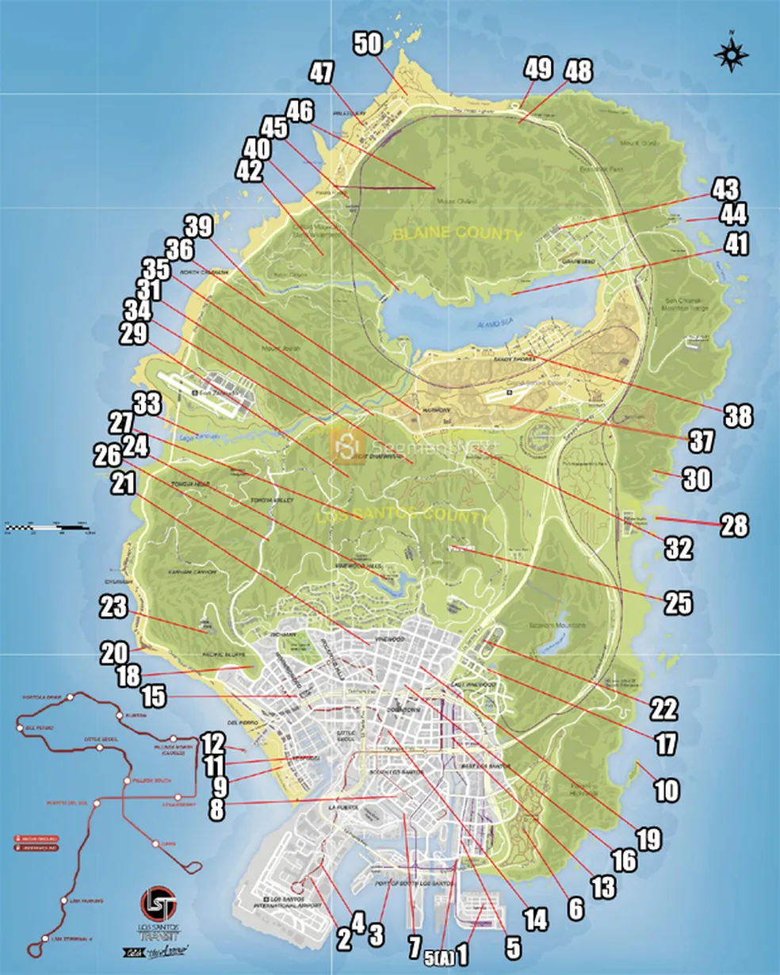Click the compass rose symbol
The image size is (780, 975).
(x=732, y=53)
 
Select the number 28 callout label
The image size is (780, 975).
(x=734, y=526)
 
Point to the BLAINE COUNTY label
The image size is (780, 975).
(x=458, y=234)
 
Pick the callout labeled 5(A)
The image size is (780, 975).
(x=439, y=958)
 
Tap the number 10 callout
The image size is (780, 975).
(x=667, y=790)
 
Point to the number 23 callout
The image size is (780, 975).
(x=113, y=608)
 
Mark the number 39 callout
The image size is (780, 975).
(x=199, y=227)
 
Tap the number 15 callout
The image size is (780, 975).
(x=153, y=697)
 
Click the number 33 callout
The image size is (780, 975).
(x=147, y=403)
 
